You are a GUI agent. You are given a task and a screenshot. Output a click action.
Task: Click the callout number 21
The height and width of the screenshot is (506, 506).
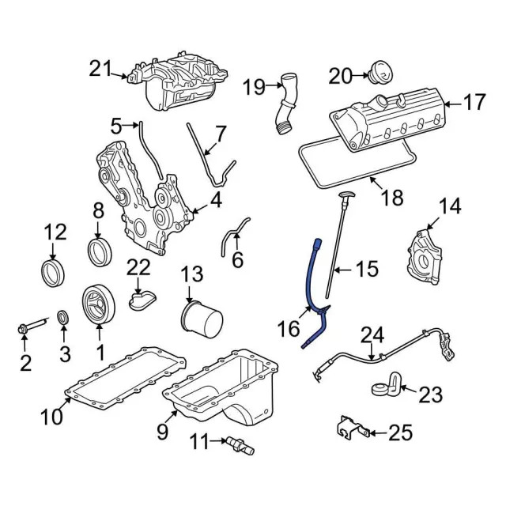[102, 70]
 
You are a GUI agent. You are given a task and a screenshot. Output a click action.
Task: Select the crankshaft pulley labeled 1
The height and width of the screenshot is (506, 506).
[100, 304]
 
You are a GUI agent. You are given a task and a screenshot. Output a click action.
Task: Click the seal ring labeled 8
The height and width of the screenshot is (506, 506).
[100, 251]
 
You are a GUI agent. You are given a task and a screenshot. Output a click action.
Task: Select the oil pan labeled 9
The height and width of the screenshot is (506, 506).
[225, 383]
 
